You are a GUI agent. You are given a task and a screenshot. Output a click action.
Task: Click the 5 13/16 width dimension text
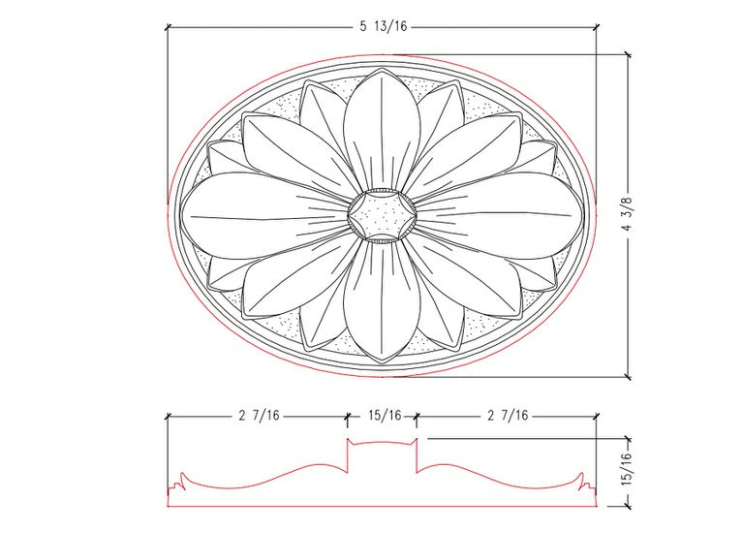click(384, 27)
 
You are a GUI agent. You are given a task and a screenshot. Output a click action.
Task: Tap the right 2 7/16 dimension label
click(507, 416)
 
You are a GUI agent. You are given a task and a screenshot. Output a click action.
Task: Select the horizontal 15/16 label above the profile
click(383, 416)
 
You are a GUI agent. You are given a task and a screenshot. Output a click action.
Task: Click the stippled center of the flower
click(381, 214)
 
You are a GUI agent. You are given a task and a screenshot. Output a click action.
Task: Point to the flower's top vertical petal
click(381, 126)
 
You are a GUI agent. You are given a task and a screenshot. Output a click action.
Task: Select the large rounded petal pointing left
click(257, 216)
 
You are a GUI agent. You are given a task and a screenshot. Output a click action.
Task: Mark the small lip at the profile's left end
click(178, 481)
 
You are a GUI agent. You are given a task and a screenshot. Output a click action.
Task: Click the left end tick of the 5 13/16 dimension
click(168, 27)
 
